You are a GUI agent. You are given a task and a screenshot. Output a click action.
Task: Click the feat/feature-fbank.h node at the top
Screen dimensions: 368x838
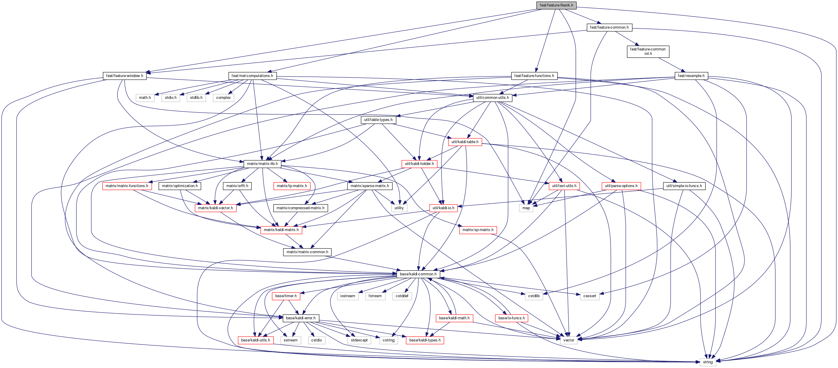tap(556, 5)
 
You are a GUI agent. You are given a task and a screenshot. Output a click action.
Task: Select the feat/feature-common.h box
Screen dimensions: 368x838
tap(609, 27)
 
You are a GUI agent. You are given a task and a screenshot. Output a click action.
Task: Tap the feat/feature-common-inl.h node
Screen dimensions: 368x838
tap(648, 51)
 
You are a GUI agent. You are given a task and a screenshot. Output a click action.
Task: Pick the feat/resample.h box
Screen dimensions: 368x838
tap(691, 76)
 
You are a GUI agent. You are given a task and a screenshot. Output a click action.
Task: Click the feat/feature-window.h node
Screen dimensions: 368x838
tap(124, 76)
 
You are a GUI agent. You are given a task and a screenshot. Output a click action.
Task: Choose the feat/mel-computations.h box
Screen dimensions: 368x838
tap(252, 76)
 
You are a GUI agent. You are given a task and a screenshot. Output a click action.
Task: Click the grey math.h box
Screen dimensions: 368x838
tap(145, 98)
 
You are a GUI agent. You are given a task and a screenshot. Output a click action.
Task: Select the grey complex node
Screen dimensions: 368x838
tap(223, 98)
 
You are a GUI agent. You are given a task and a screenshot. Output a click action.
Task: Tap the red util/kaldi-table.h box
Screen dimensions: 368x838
tap(465, 142)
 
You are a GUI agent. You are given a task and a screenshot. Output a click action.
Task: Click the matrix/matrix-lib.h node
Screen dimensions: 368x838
tap(262, 164)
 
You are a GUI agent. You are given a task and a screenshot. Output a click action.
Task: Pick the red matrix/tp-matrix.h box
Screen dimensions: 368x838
tap(292, 186)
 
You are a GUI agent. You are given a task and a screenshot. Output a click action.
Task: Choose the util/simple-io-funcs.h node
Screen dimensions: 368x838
tap(684, 186)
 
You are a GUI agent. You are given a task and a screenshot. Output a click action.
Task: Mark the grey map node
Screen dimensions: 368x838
tap(526, 208)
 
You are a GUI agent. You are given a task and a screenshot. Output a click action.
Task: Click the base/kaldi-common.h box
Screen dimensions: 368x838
tap(418, 274)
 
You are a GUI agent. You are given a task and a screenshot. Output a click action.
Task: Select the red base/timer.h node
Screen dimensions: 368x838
tap(286, 296)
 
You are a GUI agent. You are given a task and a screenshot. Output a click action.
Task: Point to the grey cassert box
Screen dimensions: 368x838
tap(589, 296)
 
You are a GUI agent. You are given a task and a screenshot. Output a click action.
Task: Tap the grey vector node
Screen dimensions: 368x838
tap(569, 340)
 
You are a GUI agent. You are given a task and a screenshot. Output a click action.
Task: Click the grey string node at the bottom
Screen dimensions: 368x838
tap(708, 362)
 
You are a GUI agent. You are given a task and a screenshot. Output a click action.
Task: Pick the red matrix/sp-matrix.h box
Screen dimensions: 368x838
tap(478, 230)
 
